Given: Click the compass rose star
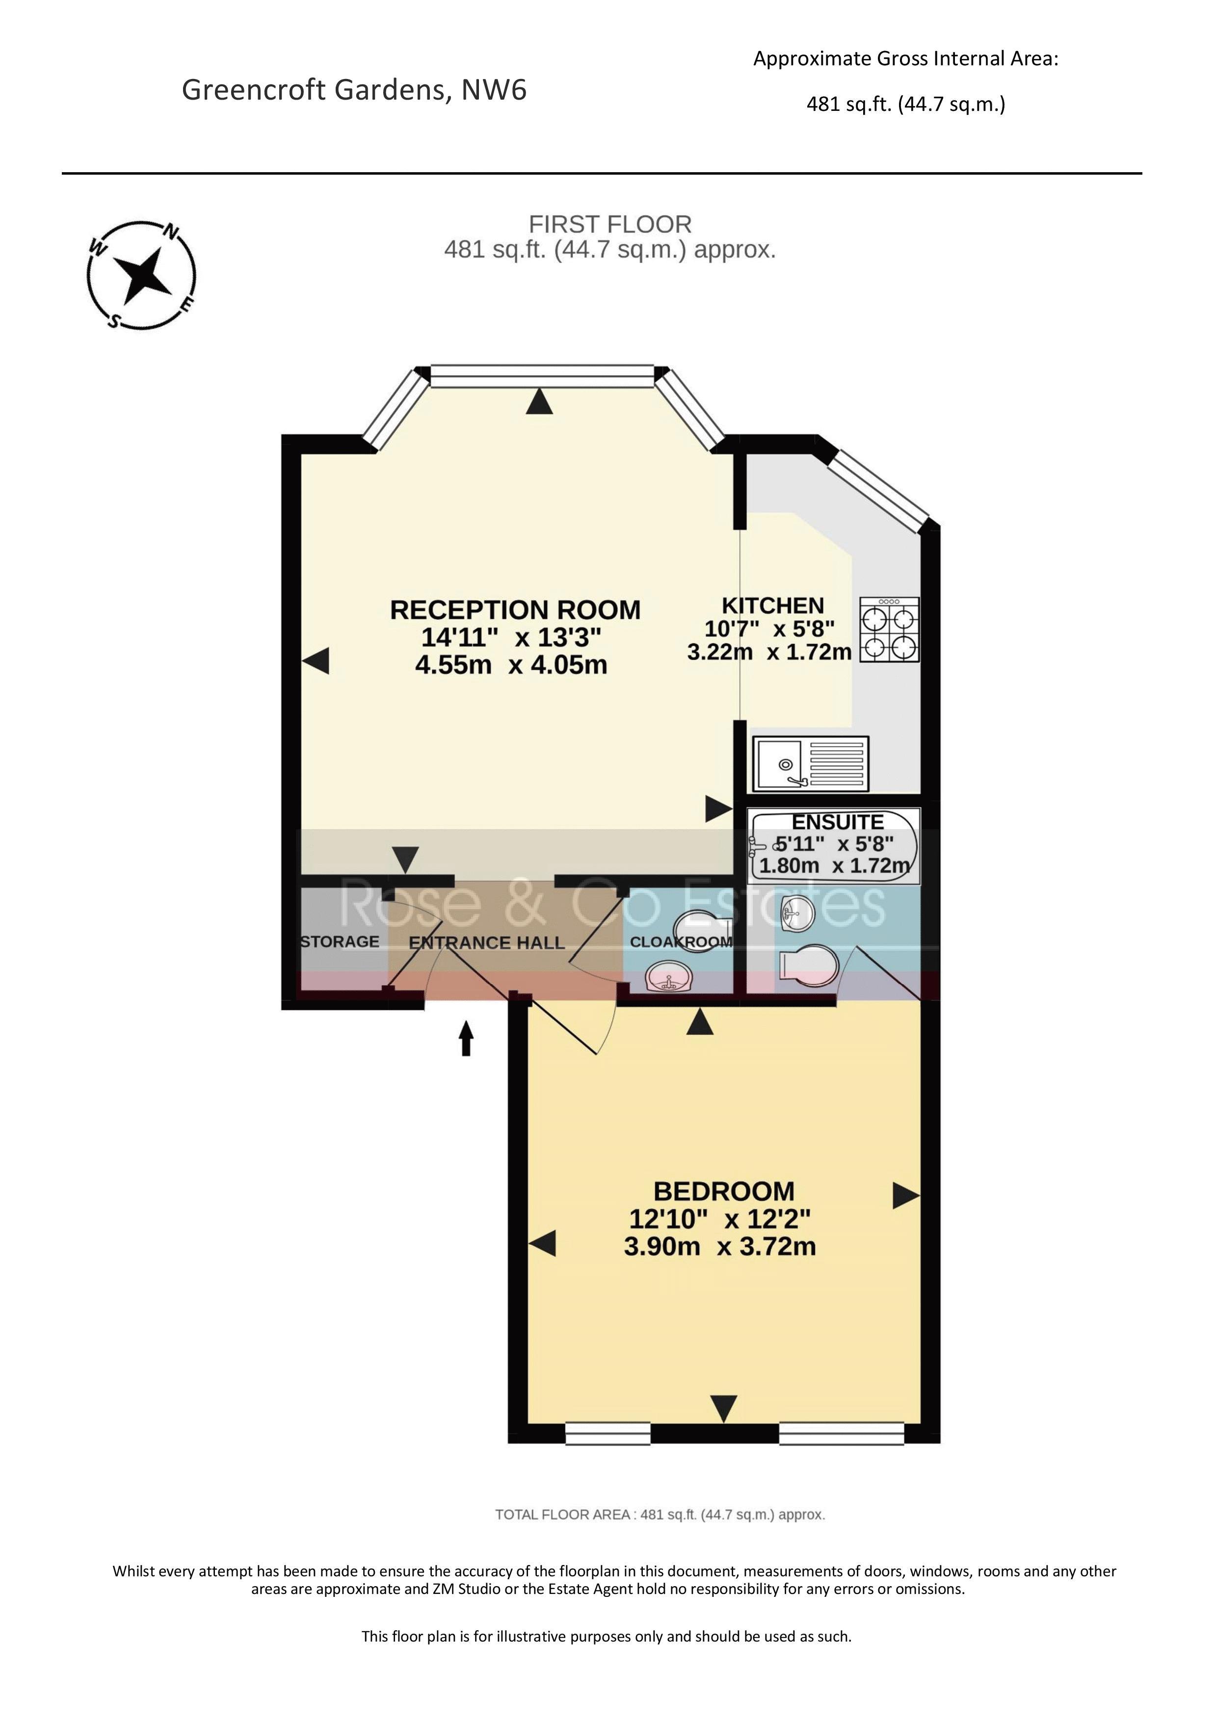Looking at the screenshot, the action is pos(141,276).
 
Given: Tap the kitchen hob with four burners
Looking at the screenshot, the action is pos(889,629).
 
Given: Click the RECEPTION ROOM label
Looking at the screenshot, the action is pos(515,610).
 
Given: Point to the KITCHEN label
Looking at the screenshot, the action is pos(772,606).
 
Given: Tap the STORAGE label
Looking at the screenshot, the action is pos(340,942).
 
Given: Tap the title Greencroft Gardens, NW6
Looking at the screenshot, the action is pos(354,90).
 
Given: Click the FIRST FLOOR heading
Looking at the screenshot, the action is pos(610,224).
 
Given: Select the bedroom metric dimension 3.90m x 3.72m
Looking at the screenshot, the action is pos(720,1247).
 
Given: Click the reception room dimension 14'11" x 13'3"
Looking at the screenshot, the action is pos(511,637).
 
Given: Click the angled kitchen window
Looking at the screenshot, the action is pos(882,490).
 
